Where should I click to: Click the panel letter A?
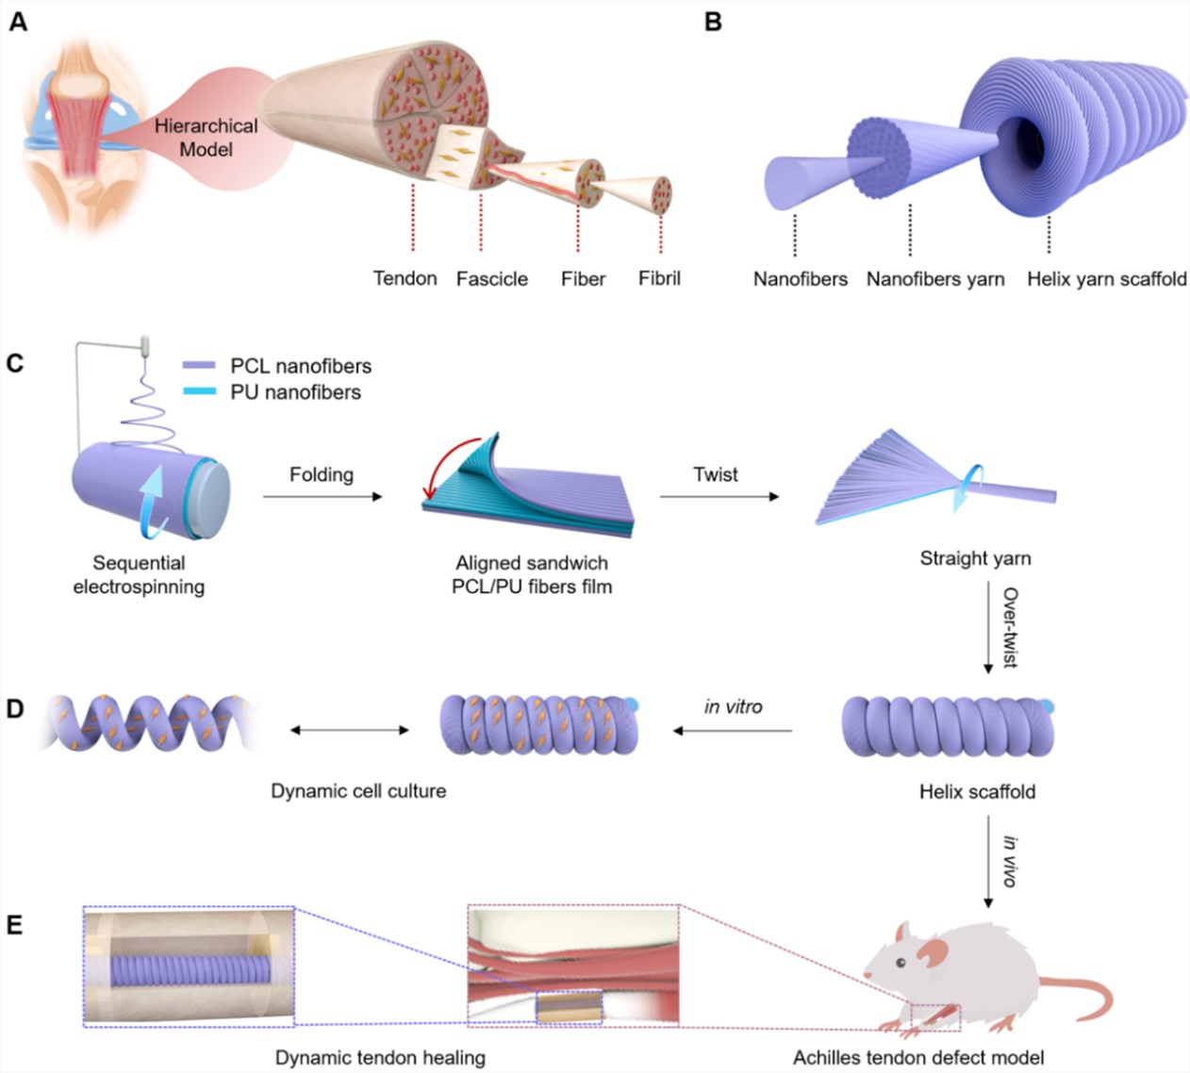click(18, 21)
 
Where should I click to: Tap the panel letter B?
click(714, 21)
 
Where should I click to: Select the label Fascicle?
click(491, 279)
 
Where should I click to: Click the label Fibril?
click(659, 278)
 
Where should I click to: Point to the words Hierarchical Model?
click(206, 138)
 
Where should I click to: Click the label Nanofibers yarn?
click(934, 279)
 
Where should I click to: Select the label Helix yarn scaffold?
click(1106, 279)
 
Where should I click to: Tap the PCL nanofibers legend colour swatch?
click(199, 366)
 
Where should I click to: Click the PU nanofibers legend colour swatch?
click(199, 392)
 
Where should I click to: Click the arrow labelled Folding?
click(322, 496)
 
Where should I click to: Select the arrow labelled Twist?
click(719, 496)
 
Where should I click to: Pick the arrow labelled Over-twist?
click(988, 627)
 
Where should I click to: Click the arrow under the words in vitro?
click(733, 731)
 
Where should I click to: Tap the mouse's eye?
click(901, 963)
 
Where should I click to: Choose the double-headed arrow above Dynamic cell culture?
click(349, 730)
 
